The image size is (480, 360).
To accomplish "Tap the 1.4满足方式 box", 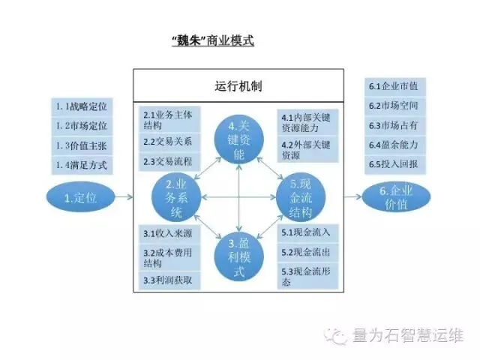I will [x=82, y=163].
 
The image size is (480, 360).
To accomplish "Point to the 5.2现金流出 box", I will [x=309, y=252].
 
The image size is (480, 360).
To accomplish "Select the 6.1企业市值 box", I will [x=395, y=85].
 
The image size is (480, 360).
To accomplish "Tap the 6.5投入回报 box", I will [x=395, y=163].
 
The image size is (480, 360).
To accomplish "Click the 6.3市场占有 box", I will [x=395, y=124].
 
